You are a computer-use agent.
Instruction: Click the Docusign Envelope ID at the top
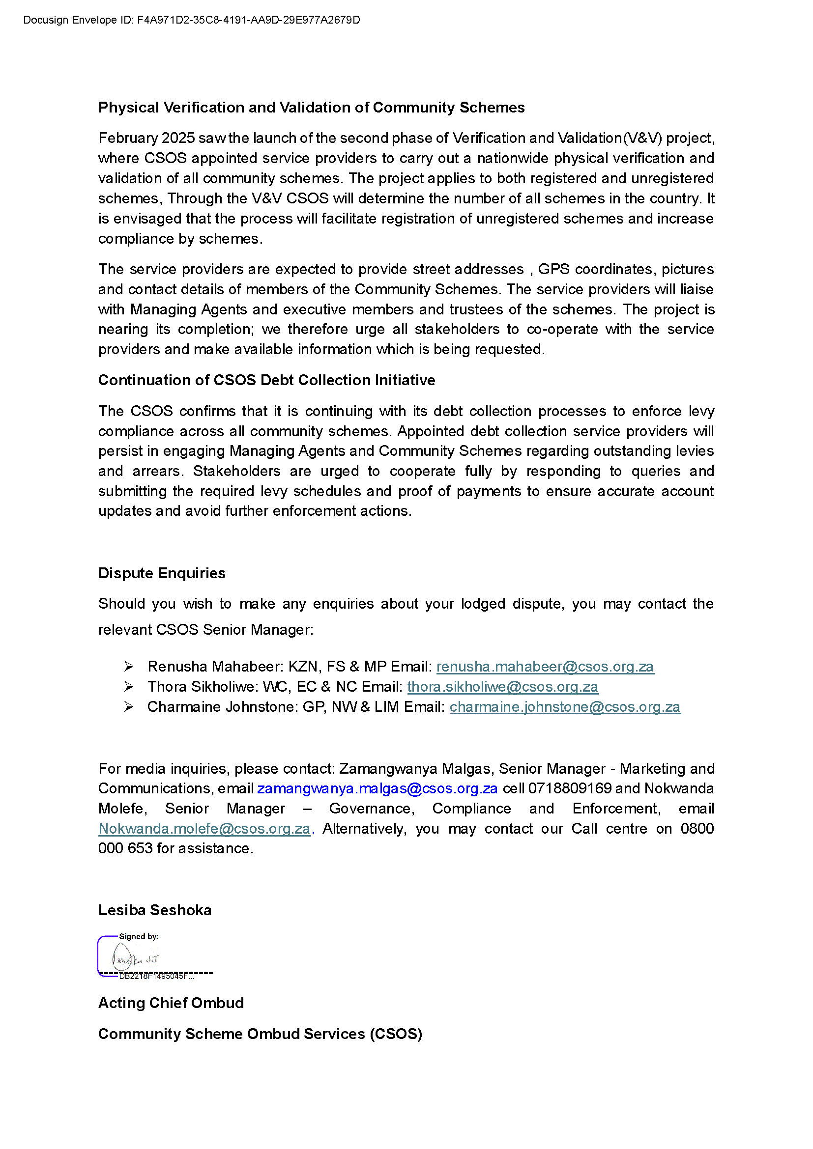(191, 20)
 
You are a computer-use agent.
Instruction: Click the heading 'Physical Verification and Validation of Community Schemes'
(311, 108)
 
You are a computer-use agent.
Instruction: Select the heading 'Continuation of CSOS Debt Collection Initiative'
(266, 380)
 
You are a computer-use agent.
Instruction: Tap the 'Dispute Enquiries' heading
(162, 573)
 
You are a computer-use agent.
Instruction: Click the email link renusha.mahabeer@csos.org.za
(545, 667)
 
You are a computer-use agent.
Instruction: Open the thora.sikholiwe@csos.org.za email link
(502, 687)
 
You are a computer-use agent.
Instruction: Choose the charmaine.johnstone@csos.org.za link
(565, 706)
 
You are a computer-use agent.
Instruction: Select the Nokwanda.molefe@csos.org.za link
(204, 829)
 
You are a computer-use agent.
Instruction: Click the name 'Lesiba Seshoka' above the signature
(155, 910)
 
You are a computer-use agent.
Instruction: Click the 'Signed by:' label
(139, 936)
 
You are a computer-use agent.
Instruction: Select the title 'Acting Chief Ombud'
(171, 1003)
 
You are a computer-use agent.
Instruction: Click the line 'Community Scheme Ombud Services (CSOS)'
(260, 1034)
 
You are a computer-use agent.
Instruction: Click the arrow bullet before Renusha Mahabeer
(129, 667)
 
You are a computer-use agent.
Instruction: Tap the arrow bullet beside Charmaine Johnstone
(129, 706)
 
